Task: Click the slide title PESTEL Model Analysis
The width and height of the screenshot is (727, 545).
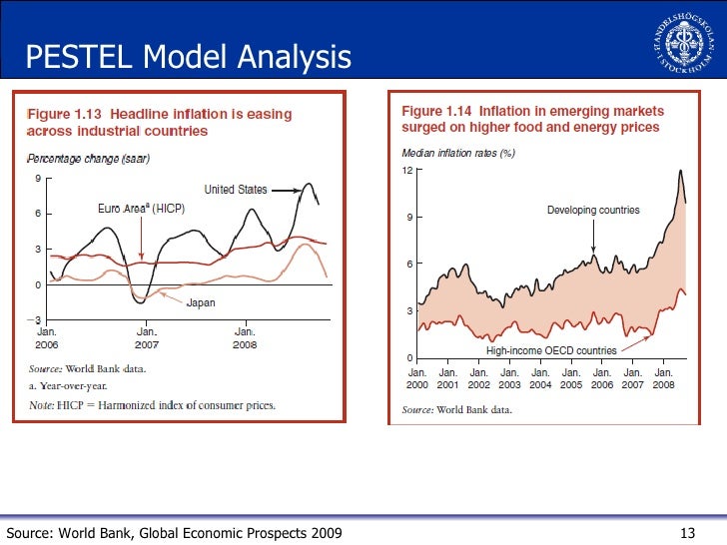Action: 188,57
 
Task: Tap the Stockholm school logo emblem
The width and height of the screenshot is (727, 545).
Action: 685,41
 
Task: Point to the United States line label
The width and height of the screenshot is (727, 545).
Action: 235,190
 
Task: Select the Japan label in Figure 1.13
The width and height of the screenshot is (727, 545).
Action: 201,301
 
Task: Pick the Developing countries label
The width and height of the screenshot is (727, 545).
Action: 593,210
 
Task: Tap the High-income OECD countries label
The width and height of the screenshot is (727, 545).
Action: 551,350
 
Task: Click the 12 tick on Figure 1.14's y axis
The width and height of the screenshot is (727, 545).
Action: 407,171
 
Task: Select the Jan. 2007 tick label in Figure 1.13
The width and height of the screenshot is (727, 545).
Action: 147,336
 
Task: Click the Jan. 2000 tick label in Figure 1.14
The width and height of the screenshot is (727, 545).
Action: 416,378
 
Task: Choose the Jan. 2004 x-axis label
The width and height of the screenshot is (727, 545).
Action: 540,378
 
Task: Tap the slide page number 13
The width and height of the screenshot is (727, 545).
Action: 686,532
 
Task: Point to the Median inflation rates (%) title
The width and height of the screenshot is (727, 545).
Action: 458,153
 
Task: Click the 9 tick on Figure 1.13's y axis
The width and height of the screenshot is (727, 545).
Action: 37,179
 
